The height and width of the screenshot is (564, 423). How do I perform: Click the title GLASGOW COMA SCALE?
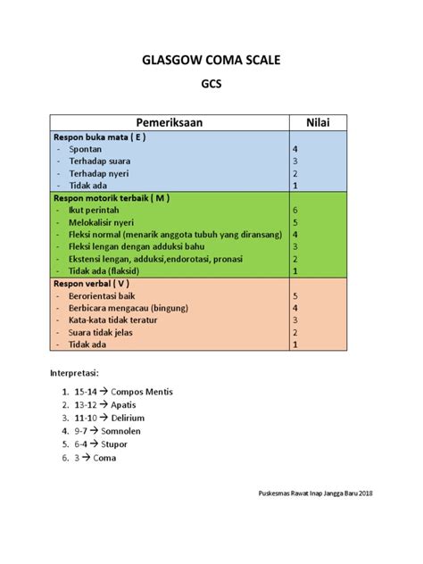pos(211,62)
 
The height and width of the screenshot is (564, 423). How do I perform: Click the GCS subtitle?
pos(211,90)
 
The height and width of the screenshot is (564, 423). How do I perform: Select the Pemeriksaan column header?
pos(166,121)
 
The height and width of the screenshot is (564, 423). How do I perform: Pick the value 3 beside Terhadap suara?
pos(294,162)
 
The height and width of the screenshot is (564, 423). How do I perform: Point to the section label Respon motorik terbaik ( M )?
pos(112,197)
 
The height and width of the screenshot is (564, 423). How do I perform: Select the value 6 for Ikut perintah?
pos(294,209)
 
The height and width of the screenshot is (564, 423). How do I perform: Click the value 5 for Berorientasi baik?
pos(294,294)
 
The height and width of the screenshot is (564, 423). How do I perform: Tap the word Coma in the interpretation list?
pos(103,458)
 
